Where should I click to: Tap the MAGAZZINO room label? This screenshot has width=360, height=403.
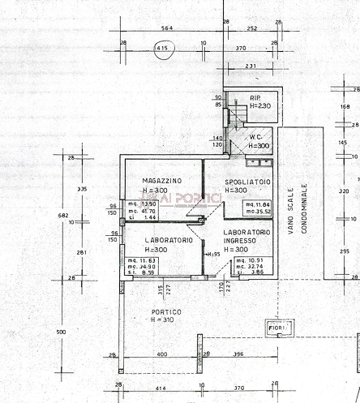[161, 179]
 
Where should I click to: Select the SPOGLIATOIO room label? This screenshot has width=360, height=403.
[247, 182]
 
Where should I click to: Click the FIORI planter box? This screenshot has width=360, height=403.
[277, 328]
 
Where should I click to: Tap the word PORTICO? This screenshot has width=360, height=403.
[166, 312]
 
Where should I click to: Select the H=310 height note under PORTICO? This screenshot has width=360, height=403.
[166, 321]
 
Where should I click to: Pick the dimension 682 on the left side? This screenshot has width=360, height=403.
[63, 215]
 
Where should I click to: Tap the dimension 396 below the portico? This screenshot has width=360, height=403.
[238, 354]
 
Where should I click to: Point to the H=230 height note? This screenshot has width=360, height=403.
[259, 106]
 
